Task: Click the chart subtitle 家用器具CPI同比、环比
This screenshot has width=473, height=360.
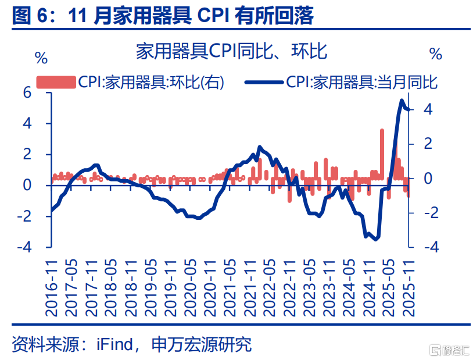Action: tap(232, 52)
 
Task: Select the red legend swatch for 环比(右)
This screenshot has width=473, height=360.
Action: tap(56, 83)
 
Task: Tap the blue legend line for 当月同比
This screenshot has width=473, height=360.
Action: tap(264, 83)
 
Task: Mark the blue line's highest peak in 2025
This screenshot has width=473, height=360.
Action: tap(402, 101)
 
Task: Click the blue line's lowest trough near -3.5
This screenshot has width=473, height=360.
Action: tap(376, 238)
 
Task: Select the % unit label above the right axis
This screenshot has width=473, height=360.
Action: tap(436, 54)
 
